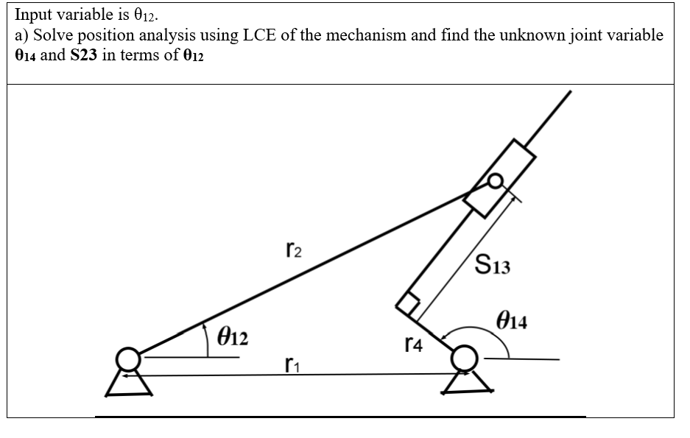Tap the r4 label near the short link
pos(414,344)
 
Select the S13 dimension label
pos(493,264)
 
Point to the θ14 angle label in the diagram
pos(514,322)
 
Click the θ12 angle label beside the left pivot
pos(233,338)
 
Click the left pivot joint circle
pos(130,359)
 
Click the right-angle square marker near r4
pos(409,304)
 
